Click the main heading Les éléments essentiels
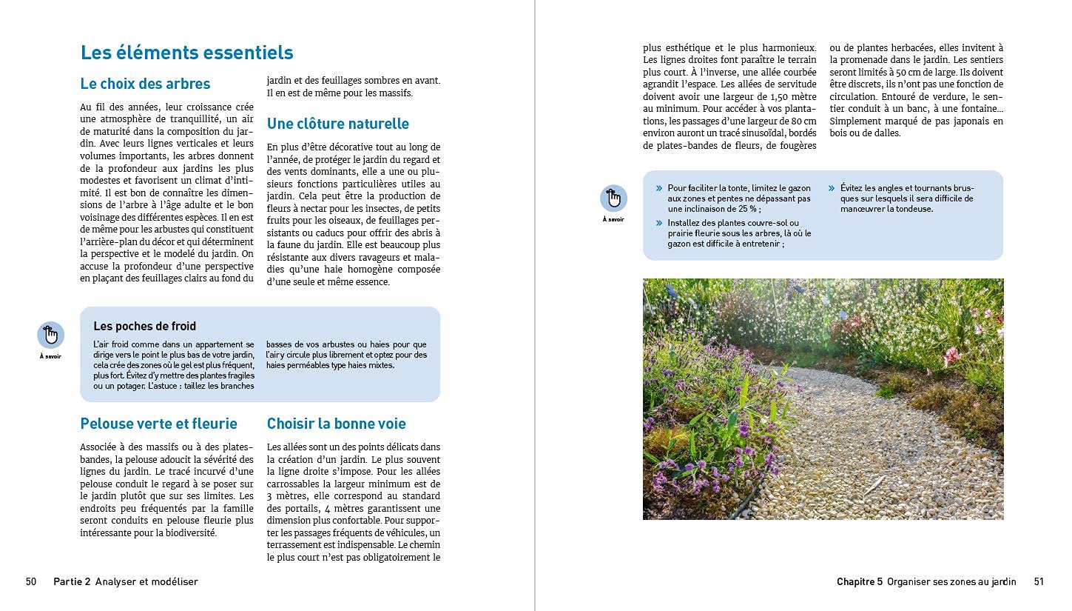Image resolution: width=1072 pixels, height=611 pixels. click(186, 53)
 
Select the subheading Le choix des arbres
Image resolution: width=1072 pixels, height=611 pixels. click(145, 84)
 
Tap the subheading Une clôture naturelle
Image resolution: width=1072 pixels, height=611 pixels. click(337, 124)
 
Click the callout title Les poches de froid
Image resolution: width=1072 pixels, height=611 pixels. click(144, 326)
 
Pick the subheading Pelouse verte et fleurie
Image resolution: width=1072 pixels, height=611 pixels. click(158, 424)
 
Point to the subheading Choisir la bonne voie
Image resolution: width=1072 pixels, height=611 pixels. click(336, 424)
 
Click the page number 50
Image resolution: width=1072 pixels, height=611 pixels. click(31, 581)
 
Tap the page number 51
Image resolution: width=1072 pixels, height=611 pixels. click(1039, 581)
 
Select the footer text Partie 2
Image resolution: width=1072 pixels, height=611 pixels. click(72, 581)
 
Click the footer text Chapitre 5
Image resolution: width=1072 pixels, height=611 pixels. click(859, 581)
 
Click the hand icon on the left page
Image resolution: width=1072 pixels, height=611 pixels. click(50, 335)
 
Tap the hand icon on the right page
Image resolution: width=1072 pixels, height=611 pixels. click(613, 198)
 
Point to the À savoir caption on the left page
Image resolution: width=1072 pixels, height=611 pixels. click(50, 356)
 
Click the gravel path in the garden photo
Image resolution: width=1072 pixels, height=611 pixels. click(851, 444)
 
